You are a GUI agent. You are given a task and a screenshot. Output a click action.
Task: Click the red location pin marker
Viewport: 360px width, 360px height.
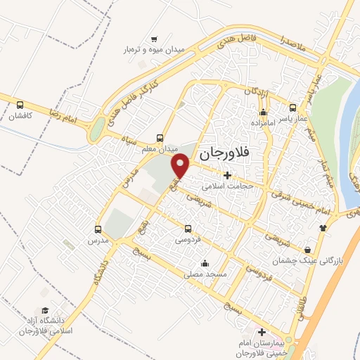point(181,166)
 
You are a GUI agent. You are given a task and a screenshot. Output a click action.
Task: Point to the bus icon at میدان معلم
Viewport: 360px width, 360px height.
point(161,138)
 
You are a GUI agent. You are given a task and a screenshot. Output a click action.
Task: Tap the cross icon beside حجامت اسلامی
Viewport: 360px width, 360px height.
point(226,175)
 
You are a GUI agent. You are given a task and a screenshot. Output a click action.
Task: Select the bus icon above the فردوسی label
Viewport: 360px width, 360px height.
point(188,229)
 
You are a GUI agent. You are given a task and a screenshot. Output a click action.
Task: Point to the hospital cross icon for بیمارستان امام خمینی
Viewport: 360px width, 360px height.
point(262,332)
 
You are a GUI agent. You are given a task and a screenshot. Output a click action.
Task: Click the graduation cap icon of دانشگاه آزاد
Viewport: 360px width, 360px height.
point(44,310)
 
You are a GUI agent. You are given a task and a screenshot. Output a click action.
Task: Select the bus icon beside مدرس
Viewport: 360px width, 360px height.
point(98,229)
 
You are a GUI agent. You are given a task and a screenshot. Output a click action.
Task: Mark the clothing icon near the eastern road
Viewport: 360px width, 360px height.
point(323,227)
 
